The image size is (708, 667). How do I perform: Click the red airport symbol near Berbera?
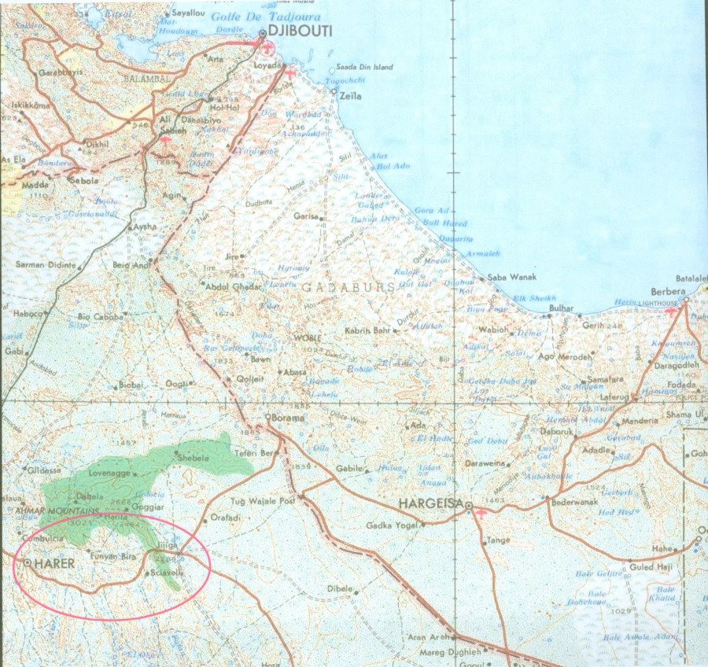[x=670, y=312]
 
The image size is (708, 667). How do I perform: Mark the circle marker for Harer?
[x=28, y=563]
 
